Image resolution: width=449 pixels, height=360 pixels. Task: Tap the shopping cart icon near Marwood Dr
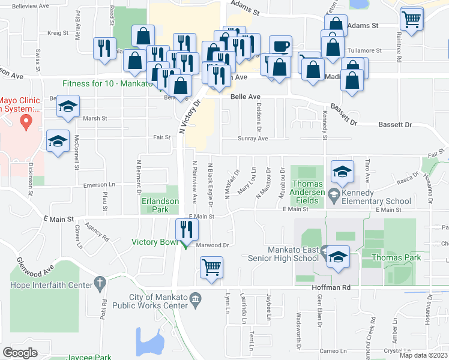click(211, 267)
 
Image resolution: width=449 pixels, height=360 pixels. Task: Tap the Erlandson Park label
click(160, 206)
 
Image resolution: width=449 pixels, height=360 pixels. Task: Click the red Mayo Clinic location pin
click(25, 122)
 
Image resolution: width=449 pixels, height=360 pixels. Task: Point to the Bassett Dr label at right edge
click(395, 125)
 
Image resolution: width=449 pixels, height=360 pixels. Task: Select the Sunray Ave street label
click(253, 138)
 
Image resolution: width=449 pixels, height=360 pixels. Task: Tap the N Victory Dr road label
click(188, 116)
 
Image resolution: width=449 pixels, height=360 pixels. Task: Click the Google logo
click(20, 352)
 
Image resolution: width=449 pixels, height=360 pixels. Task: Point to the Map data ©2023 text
click(423, 355)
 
